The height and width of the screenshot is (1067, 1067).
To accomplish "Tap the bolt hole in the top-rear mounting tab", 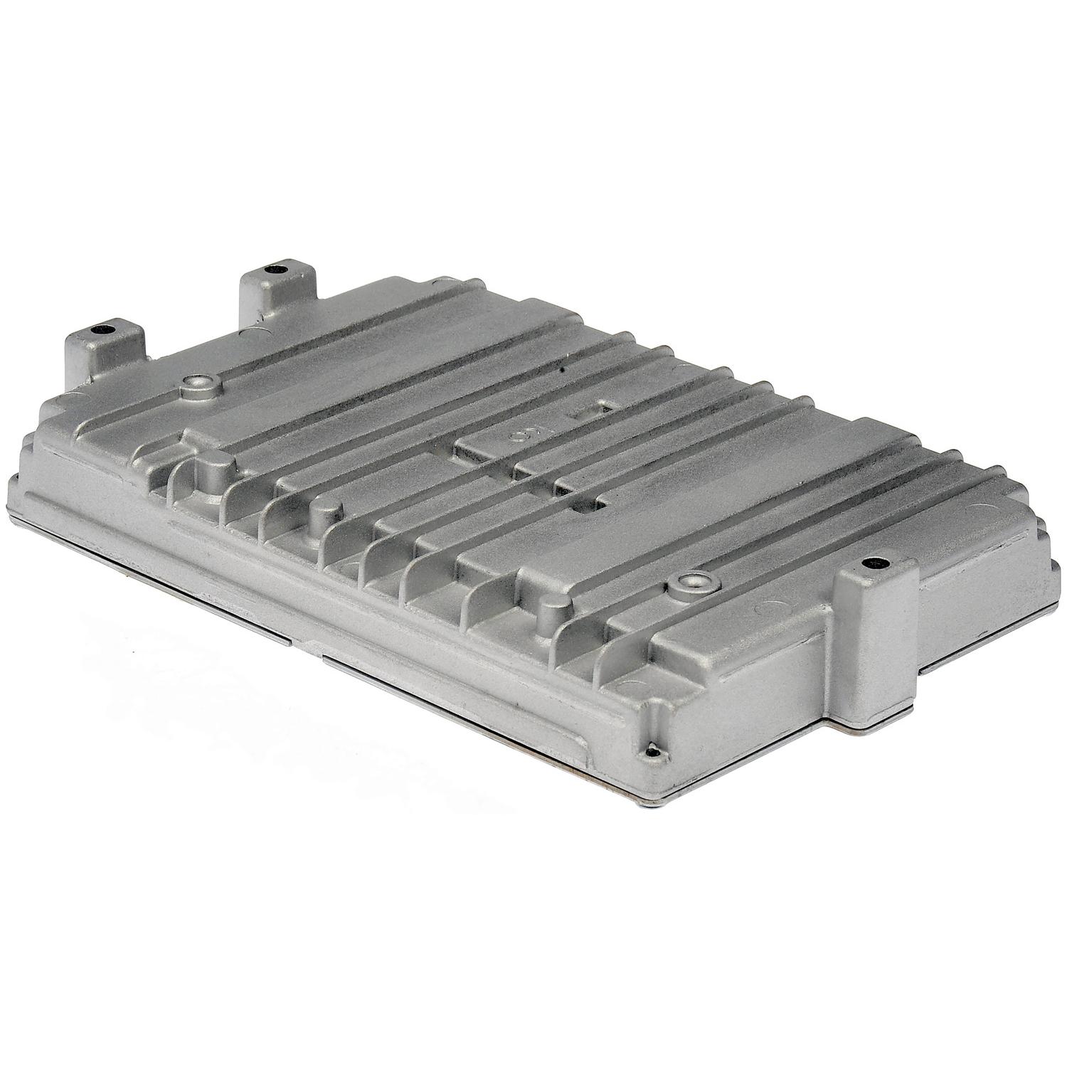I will (273, 270).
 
